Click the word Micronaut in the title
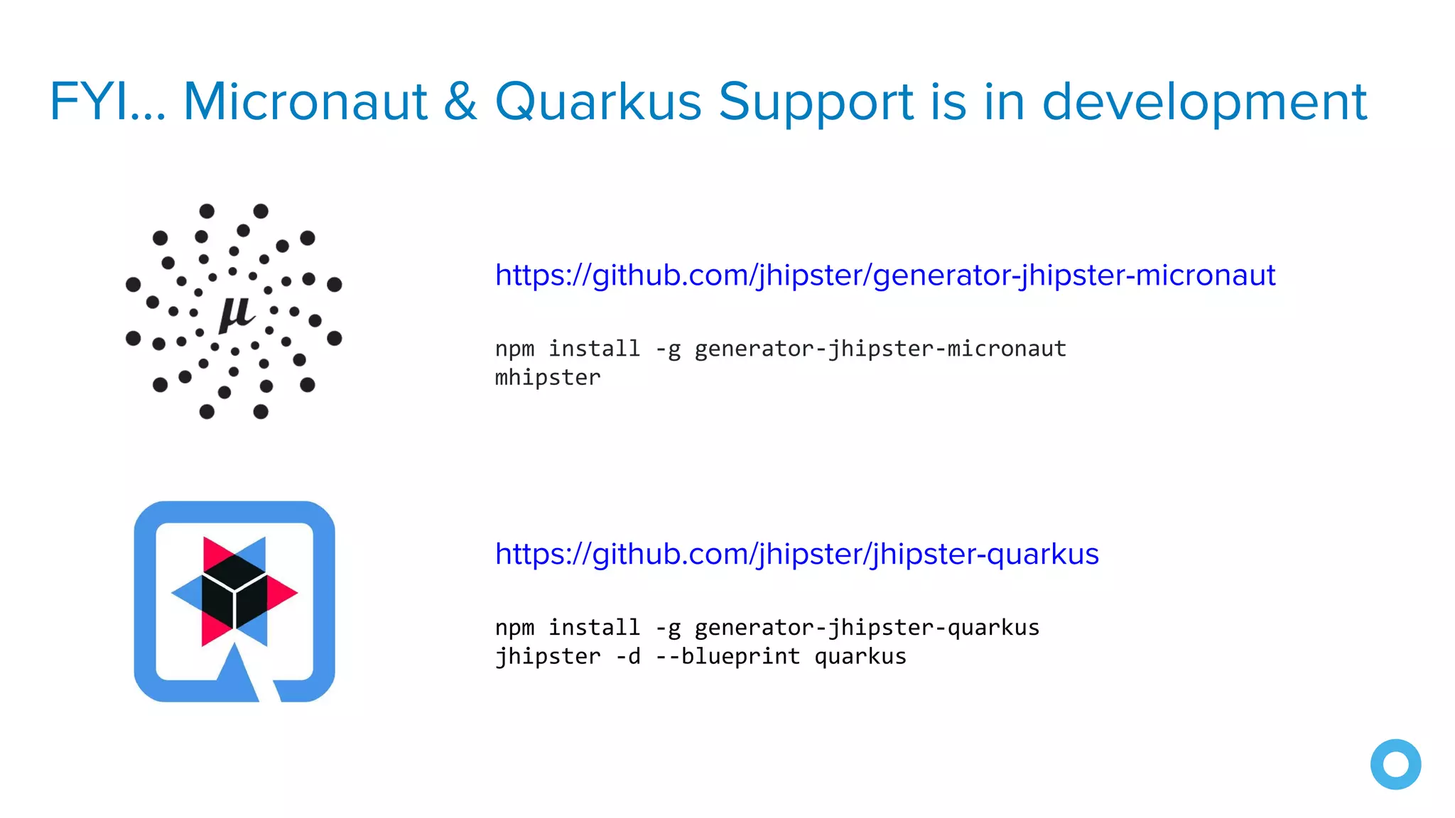(305, 102)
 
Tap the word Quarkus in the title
(598, 102)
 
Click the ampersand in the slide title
(460, 102)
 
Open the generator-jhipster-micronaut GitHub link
(885, 276)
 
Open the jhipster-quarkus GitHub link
(796, 554)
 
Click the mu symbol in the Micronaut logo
(236, 312)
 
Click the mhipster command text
(548, 378)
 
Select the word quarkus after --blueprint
(860, 656)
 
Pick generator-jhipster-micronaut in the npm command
(880, 349)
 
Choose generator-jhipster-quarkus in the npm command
(867, 628)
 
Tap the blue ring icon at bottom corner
(1395, 764)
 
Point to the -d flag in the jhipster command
(628, 656)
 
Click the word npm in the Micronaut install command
(514, 349)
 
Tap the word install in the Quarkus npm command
(594, 628)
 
